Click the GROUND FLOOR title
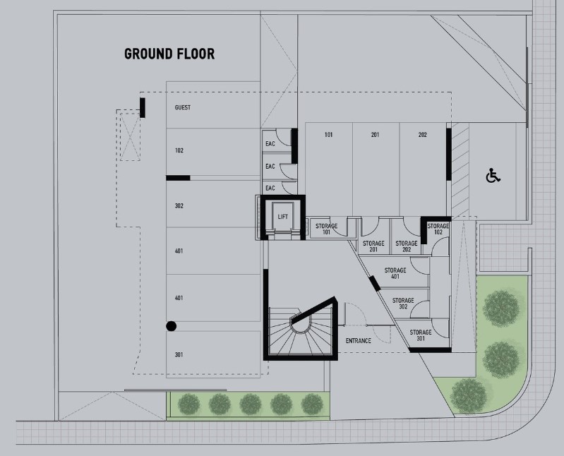point(169,54)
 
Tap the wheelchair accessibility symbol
point(493,176)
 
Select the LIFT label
point(283,217)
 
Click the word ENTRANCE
point(359,340)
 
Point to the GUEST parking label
point(183,107)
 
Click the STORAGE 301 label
point(421,335)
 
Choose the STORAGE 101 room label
point(326,229)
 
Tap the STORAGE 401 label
point(395,273)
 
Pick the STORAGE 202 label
point(407,246)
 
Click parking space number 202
point(423,135)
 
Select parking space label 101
point(328,135)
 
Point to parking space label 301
point(179,355)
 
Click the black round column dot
point(172,326)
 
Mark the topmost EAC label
point(270,144)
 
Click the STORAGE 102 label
point(438,229)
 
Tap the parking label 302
point(179,206)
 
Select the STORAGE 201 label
point(373,246)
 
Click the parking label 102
point(179,150)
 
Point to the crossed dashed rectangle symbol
point(130,137)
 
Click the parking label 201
point(375,135)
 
